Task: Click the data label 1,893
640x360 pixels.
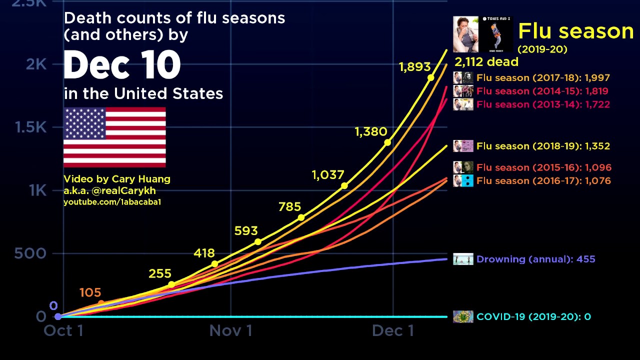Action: click(414, 67)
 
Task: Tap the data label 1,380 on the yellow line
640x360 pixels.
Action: click(370, 132)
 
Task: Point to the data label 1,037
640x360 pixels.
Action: click(328, 175)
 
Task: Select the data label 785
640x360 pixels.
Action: click(289, 206)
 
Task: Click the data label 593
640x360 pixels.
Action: click(246, 231)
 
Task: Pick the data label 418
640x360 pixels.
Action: click(204, 253)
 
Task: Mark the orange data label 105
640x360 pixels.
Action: click(90, 292)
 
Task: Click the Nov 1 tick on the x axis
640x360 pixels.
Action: click(230, 330)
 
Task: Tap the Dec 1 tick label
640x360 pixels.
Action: click(393, 330)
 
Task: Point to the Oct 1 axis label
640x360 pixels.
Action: click(63, 330)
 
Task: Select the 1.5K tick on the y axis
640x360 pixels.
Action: click(30, 127)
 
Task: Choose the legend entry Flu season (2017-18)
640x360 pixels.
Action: click(542, 77)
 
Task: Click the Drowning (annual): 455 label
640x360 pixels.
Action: click(535, 259)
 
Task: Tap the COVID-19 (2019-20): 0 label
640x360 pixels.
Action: click(533, 316)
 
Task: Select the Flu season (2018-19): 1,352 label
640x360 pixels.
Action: click(543, 146)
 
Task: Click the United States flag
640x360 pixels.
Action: click(114, 137)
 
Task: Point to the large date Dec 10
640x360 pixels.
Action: click(122, 66)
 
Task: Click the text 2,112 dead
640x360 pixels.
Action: click(486, 62)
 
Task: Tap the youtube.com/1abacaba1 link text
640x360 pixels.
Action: click(112, 202)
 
